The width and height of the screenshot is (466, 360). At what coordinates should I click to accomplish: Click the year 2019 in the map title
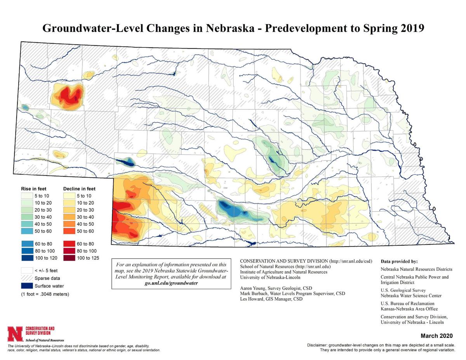click(411, 28)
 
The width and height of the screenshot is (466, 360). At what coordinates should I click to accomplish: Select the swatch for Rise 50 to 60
click(27, 231)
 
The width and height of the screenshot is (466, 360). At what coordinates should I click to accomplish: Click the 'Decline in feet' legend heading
click(79, 189)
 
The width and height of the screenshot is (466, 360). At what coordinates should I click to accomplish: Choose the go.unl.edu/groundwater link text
click(170, 283)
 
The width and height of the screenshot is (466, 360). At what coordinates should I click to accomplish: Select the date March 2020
click(438, 336)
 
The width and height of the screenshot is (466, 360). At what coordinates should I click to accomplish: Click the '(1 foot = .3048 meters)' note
click(45, 294)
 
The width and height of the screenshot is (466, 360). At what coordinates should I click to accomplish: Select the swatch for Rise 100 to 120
click(27, 258)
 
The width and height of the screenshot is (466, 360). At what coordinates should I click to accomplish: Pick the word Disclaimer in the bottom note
click(317, 345)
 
